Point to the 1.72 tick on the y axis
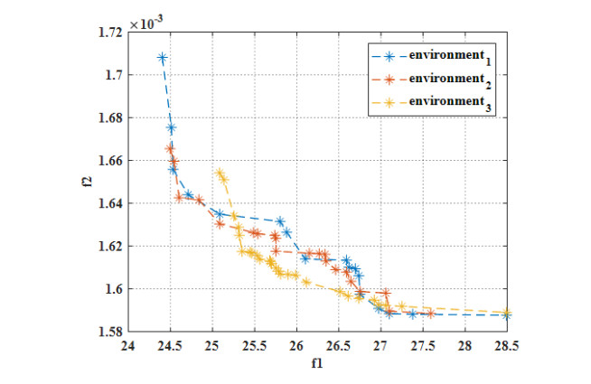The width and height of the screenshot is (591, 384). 109,33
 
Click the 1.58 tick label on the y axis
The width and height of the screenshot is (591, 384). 109,332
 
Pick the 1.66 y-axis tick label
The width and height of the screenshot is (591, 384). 109,161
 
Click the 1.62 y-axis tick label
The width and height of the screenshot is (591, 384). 109,246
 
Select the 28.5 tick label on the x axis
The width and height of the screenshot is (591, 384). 507,346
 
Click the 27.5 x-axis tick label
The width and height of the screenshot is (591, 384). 423,346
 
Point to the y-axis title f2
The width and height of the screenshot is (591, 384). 80,182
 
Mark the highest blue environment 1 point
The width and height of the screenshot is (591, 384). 163,58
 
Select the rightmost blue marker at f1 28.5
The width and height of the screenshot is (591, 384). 507,315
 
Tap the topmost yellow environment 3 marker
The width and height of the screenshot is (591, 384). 219,172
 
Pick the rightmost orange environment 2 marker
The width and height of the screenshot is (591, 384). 431,314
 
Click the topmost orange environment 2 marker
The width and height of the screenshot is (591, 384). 170,148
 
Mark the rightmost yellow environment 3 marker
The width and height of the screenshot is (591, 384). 507,312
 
